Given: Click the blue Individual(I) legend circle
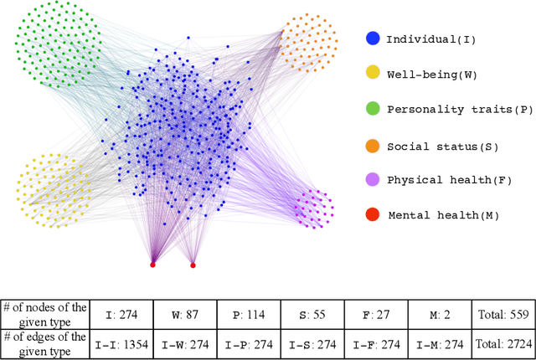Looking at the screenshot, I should (x=373, y=39).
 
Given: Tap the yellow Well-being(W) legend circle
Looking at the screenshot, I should (x=373, y=75).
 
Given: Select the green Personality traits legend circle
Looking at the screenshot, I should (x=373, y=109).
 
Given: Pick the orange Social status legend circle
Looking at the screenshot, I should (x=373, y=146).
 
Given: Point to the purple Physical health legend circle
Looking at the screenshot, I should (x=373, y=180).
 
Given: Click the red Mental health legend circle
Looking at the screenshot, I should (x=373, y=215).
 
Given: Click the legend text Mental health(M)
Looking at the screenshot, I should (x=443, y=215).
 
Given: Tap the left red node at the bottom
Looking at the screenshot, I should (x=152, y=265).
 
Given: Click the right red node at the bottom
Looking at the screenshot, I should (x=193, y=265).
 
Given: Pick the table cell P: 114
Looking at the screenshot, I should (x=249, y=315).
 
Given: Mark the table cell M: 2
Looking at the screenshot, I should (x=440, y=315).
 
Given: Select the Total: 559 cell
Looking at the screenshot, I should (x=503, y=315).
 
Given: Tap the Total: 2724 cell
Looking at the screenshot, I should (x=503, y=343).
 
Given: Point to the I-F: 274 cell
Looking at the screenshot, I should (x=376, y=343).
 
